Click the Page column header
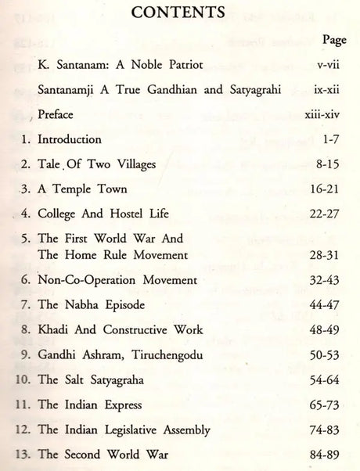[333, 39]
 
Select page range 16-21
[329, 189]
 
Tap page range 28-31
[329, 255]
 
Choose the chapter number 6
[27, 281]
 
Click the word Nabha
[101, 304]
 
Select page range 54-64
[329, 379]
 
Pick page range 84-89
[329, 453]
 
